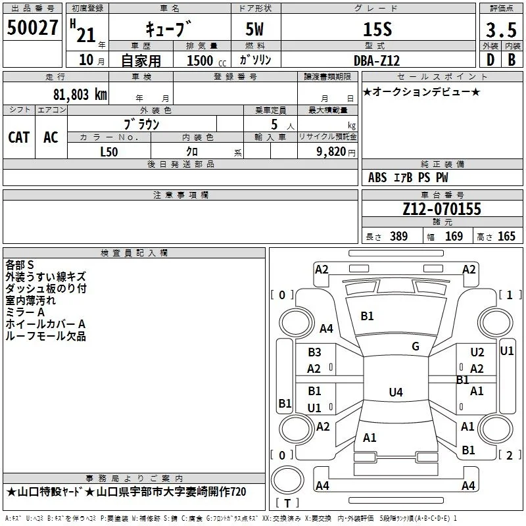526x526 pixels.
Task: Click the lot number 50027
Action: tap(32, 28)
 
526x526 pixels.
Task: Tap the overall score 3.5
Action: tap(501, 30)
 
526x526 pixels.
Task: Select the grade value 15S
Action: tap(377, 30)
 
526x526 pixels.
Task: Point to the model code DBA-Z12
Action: tap(377, 60)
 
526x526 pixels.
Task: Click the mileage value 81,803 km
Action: tap(80, 95)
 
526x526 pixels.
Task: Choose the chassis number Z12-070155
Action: tap(442, 209)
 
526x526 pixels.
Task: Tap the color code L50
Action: tap(109, 152)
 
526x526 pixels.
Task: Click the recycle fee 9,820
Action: tap(331, 152)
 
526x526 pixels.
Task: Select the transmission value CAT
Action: tap(19, 137)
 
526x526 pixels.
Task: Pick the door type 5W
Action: tap(254, 29)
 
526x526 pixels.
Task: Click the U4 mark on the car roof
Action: tap(396, 392)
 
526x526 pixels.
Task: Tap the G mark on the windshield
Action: tap(416, 347)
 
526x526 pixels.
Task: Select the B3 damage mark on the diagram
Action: tap(314, 352)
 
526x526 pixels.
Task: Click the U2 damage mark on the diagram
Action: tap(477, 352)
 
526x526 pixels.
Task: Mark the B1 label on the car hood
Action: tap(367, 316)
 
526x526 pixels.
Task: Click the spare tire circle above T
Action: tap(287, 480)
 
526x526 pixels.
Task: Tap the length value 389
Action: tap(398, 236)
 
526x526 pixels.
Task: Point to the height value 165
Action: tap(506, 236)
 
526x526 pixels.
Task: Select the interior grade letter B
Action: tap(512, 60)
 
